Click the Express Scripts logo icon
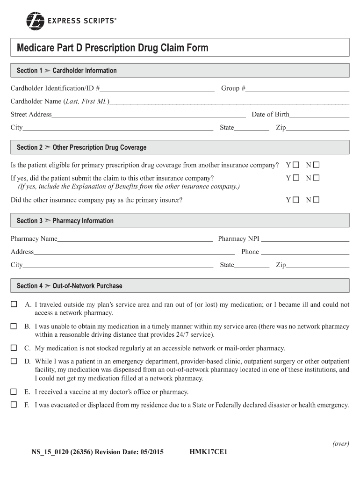pos(35,20)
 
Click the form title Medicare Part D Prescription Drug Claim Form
pos(112,48)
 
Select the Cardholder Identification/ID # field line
pos(158,88)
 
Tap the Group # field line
pos(298,88)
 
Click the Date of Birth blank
pos(319,115)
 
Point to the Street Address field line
pos(149,115)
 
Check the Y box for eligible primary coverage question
pos(295,165)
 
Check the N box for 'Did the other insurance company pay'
pos(316,200)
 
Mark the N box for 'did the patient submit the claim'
pos(316,178)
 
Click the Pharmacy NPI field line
pos(305,239)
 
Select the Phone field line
pos(305,252)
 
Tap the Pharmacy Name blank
pos(135,239)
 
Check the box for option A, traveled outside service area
pos(14,305)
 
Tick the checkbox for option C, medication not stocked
pos(14,348)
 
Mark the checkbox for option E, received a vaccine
pos(14,392)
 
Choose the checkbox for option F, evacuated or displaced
pos(14,405)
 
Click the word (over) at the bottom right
pos(340,444)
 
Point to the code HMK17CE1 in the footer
pos(209,452)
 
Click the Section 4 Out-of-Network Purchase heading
pos(69,286)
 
